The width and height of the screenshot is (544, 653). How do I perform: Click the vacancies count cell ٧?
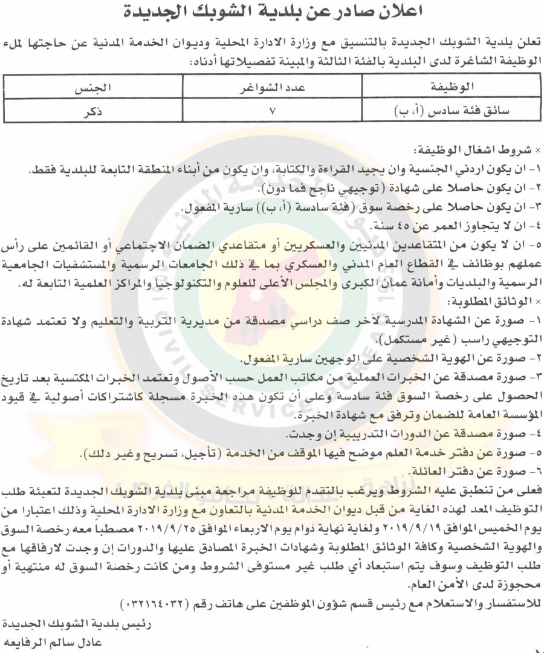point(272,111)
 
